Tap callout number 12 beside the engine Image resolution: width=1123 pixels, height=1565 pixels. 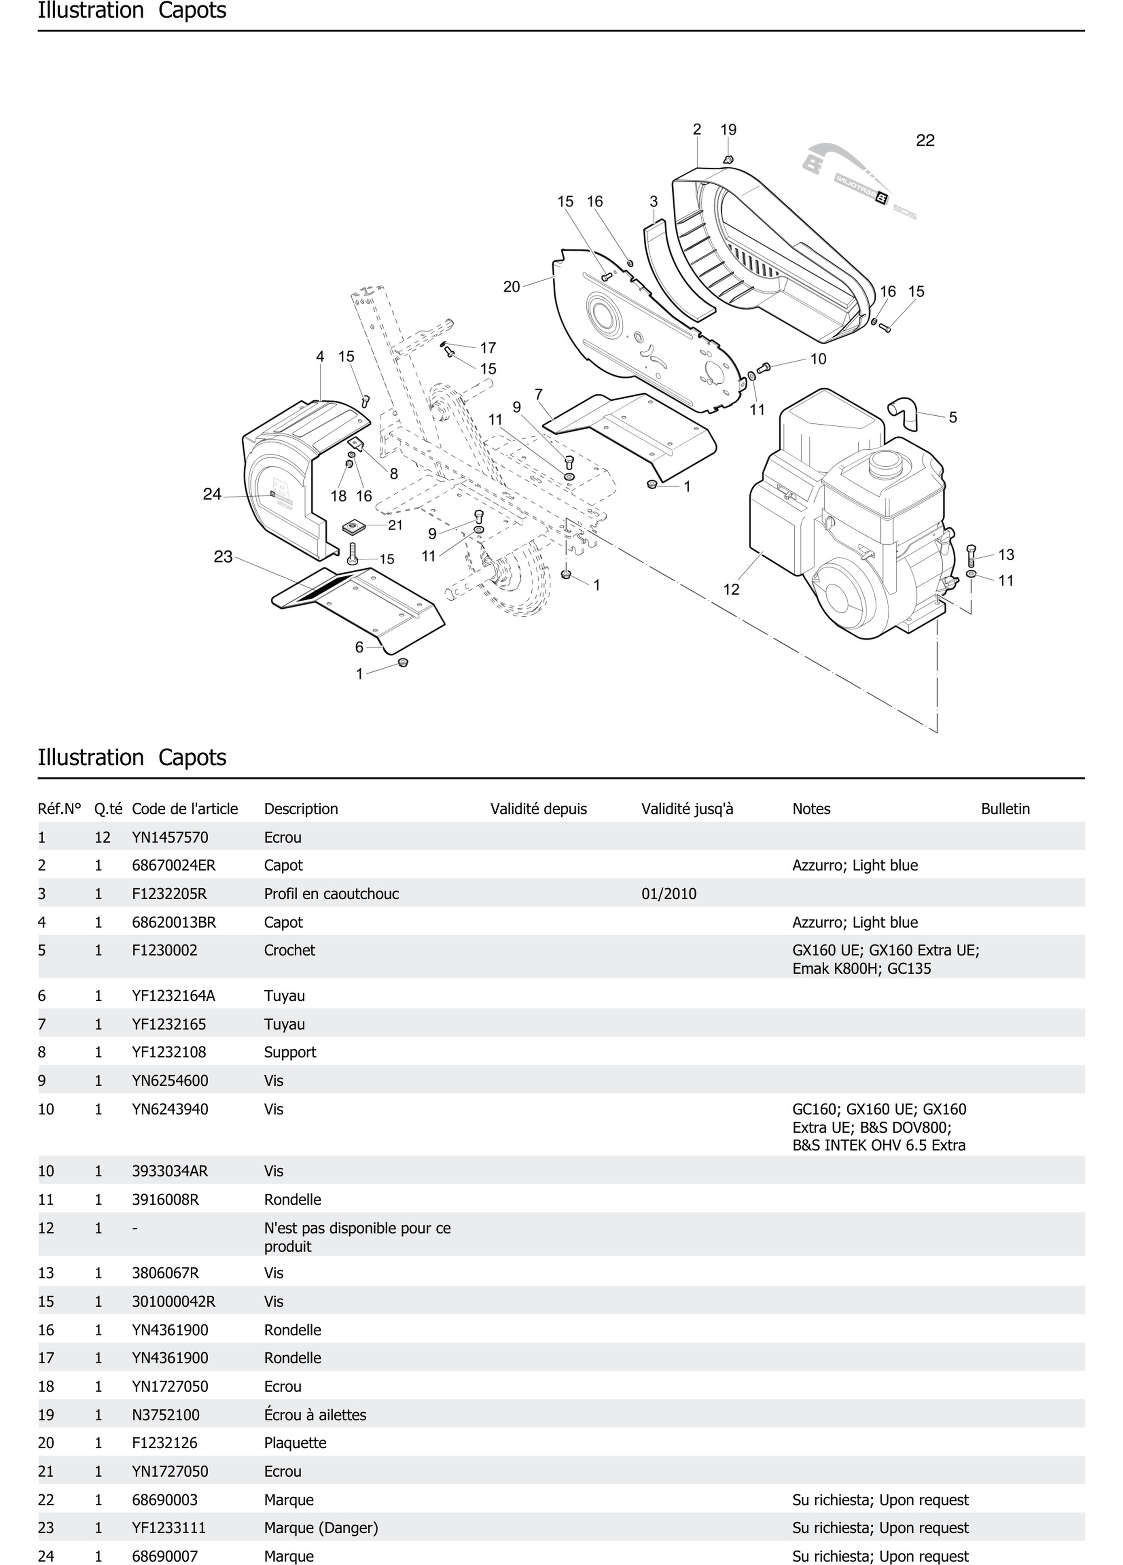[x=731, y=589]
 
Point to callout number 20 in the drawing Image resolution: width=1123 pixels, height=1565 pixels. [x=511, y=286]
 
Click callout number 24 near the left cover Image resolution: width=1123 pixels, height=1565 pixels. [x=212, y=494]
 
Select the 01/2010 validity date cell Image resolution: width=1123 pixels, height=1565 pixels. [x=669, y=894]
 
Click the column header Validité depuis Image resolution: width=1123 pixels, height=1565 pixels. [x=538, y=809]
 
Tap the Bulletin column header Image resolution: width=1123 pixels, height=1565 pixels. [x=1005, y=809]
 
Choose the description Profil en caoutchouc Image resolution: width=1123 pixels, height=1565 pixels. [x=331, y=894]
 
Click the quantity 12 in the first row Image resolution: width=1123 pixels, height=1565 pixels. [x=102, y=837]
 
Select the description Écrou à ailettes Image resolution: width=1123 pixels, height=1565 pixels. [x=315, y=1414]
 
